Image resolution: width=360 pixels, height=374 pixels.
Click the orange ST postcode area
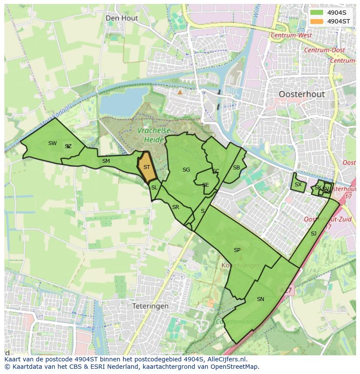click(x=147, y=167)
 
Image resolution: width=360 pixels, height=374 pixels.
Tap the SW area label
click(x=53, y=143)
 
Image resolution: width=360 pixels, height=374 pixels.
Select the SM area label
click(x=106, y=161)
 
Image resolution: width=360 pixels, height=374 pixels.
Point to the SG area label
click(x=186, y=170)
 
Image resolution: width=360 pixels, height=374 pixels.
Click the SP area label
click(x=237, y=250)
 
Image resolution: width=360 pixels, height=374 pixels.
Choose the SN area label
click(x=260, y=299)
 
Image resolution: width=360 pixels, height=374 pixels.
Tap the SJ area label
click(x=313, y=234)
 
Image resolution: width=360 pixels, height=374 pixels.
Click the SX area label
click(x=298, y=185)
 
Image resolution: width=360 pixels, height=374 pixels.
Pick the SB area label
click(x=237, y=168)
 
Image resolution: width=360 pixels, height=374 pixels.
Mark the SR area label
click(x=176, y=207)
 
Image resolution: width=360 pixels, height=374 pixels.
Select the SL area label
click(x=154, y=188)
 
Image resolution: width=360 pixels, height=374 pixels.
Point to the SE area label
click(x=206, y=185)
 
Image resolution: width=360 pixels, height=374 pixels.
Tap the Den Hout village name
click(x=122, y=18)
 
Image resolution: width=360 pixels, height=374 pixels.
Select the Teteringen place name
click(x=150, y=306)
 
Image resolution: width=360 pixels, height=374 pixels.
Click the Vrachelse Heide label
click(x=151, y=135)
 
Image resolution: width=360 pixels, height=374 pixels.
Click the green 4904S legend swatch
click(x=317, y=13)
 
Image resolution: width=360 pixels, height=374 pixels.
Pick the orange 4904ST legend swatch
click(x=317, y=21)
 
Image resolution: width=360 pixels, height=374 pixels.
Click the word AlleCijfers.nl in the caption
click(x=226, y=359)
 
